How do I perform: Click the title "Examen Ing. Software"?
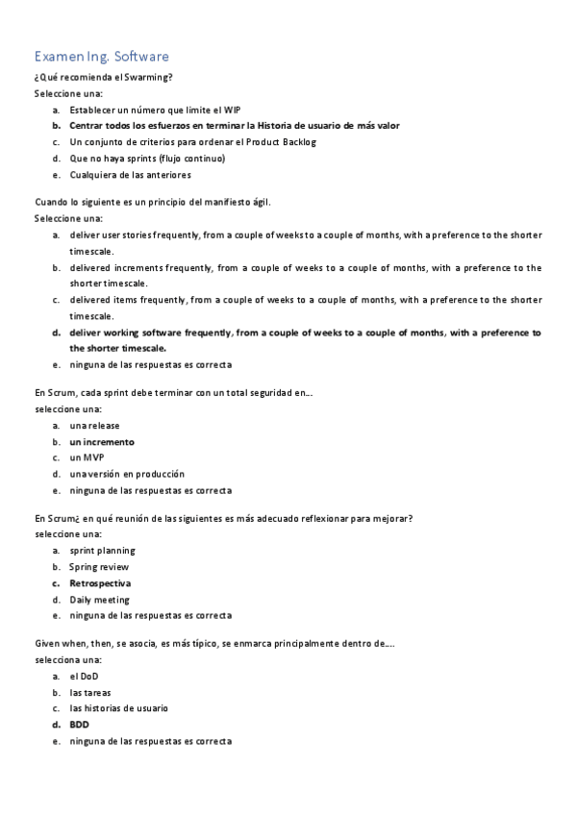tap(102, 57)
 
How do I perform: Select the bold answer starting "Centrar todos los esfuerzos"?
tap(235, 125)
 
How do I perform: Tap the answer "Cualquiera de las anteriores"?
tap(131, 175)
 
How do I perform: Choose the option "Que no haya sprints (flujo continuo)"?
tap(148, 159)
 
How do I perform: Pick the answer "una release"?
tap(95, 425)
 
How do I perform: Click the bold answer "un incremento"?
tap(102, 442)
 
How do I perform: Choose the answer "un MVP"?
tap(88, 457)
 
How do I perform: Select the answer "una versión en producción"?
tap(127, 474)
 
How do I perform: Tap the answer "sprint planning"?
tap(103, 551)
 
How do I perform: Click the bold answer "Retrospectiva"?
tap(101, 583)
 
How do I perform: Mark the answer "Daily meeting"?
tap(100, 600)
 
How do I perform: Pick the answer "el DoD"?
tap(85, 676)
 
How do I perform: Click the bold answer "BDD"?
tap(79, 725)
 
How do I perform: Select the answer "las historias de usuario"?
tap(119, 708)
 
